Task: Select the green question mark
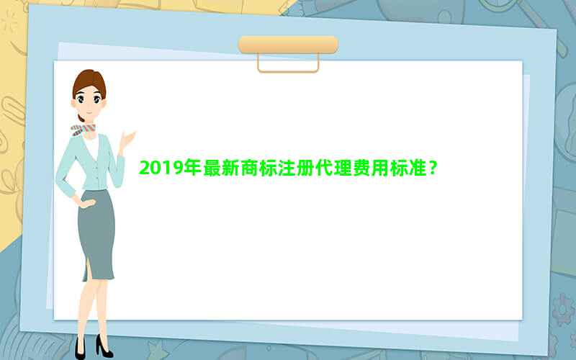tap(433, 168)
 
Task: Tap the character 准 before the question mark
tap(418, 168)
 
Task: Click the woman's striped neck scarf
tap(83, 130)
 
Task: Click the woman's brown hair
tap(89, 83)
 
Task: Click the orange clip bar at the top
tap(289, 45)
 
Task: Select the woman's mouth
tap(89, 112)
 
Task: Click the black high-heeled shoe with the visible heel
tap(104, 346)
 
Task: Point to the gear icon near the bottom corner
tap(563, 310)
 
